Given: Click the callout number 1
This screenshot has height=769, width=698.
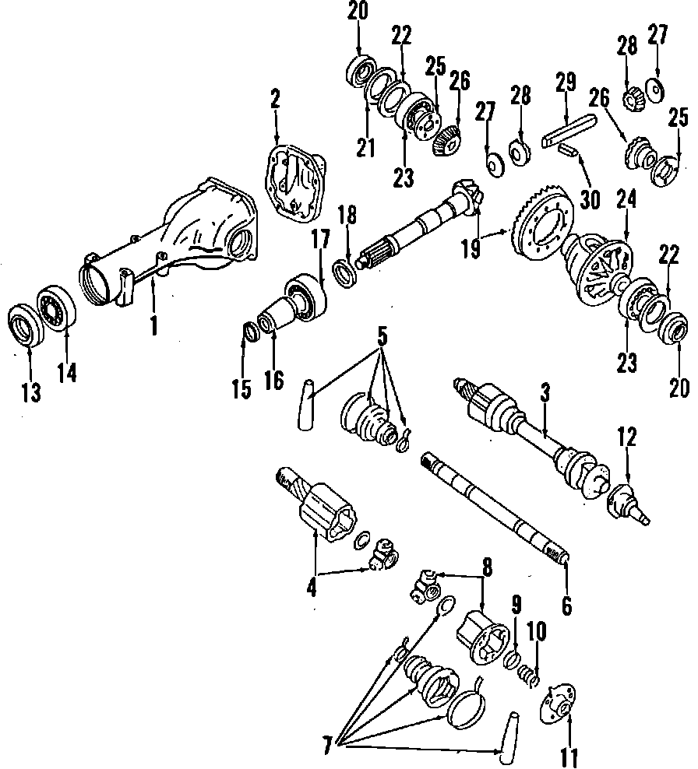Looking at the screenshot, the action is (153, 322).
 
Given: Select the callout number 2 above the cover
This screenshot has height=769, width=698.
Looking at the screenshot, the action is (275, 100).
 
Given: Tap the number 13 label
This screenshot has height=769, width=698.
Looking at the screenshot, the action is (30, 393).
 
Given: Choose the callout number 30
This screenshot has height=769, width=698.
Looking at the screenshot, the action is (591, 198).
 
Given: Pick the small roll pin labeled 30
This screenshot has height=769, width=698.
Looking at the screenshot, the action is (567, 149).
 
